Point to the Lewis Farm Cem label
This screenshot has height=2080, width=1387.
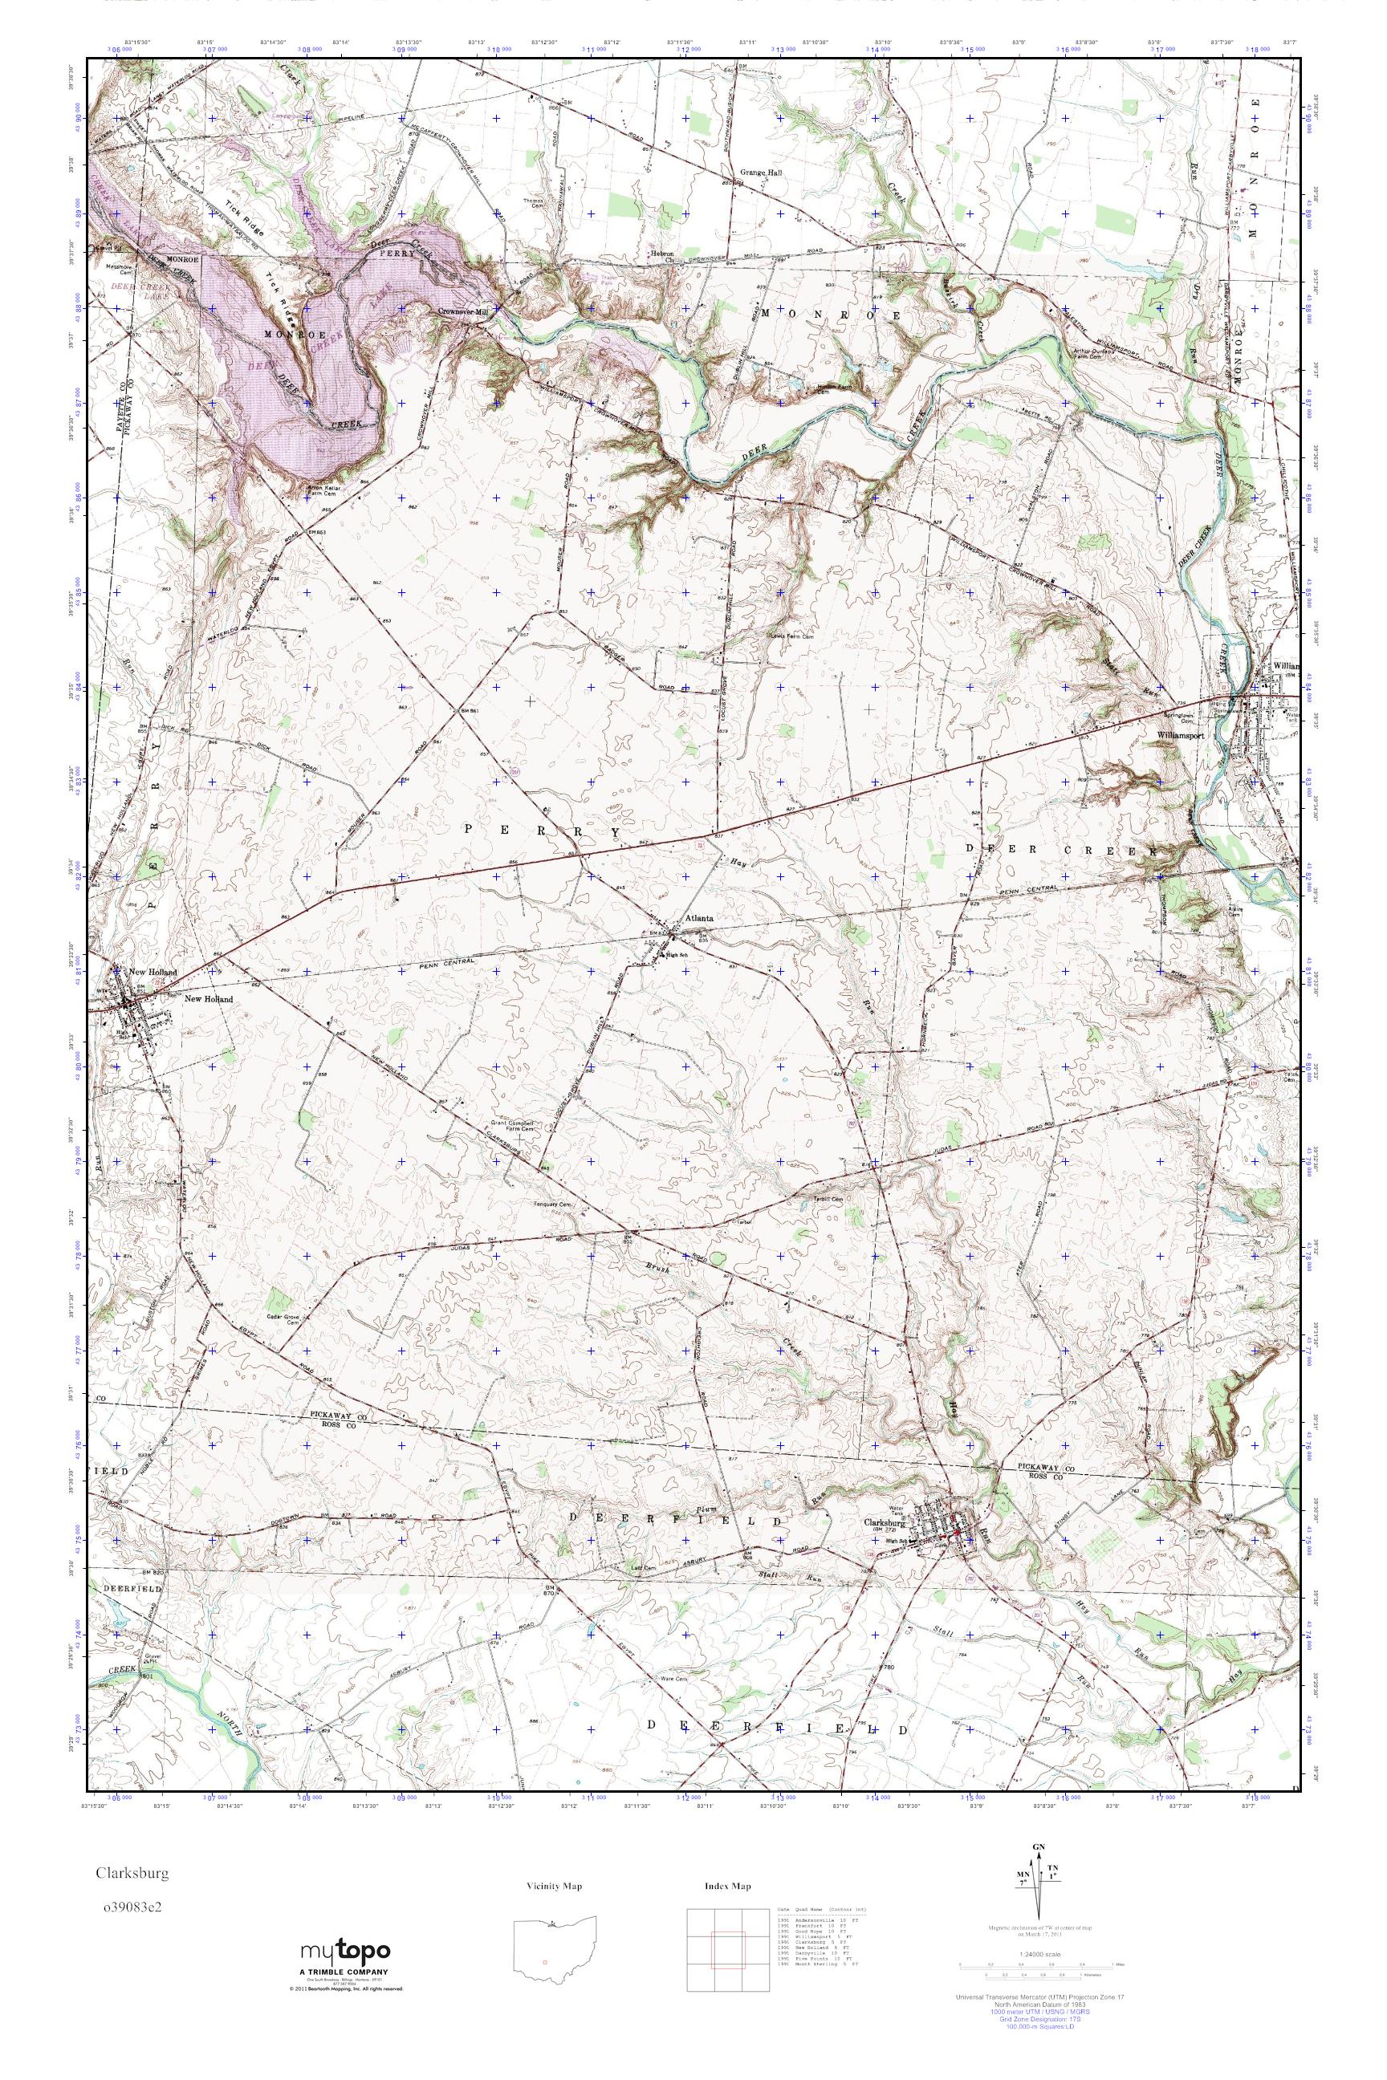click(x=790, y=635)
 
